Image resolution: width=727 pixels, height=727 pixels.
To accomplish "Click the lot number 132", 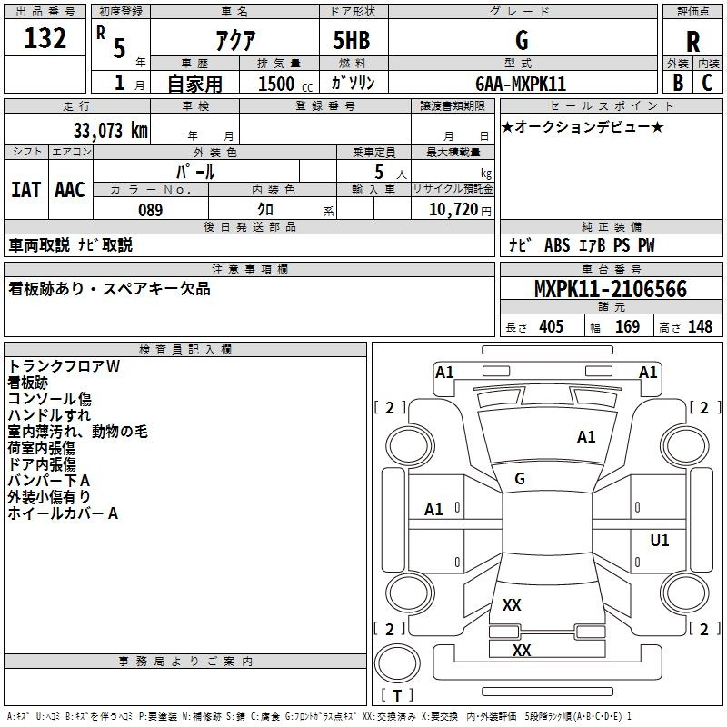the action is pos(45,38).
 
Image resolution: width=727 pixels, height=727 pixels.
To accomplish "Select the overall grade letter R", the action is pos(692,42).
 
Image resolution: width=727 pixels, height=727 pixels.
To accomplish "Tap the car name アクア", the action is pos(235,41).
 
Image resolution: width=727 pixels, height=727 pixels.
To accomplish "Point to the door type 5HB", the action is pos(352,40).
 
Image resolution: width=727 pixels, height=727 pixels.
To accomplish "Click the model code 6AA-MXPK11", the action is pos(521,84).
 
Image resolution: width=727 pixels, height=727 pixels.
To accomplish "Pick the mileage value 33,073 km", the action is pos(110,131).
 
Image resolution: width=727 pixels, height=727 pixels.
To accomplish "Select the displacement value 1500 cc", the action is pos(285,84).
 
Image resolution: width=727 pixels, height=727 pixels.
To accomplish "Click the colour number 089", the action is pos(151,210).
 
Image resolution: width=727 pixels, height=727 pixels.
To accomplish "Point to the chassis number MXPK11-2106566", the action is pos(611,289).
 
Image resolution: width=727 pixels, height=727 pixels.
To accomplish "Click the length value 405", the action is pos(552,326).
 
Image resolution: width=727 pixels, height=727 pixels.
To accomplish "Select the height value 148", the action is pos(700,326).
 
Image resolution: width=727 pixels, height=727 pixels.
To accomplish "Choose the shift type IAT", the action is pos(25,190).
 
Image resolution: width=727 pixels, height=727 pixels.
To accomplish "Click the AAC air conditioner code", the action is pos(70,190).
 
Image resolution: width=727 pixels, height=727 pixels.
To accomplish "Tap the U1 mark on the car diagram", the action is pos(660,540).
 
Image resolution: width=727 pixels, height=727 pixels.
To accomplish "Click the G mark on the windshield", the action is pos(520,479).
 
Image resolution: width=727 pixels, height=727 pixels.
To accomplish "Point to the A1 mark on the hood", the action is pos(586,437).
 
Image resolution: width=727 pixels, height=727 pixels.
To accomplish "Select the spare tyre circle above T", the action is pos(397,663).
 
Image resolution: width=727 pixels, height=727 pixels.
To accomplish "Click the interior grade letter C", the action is pos(708,83).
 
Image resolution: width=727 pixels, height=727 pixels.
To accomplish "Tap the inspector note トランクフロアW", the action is pos(64,366).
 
